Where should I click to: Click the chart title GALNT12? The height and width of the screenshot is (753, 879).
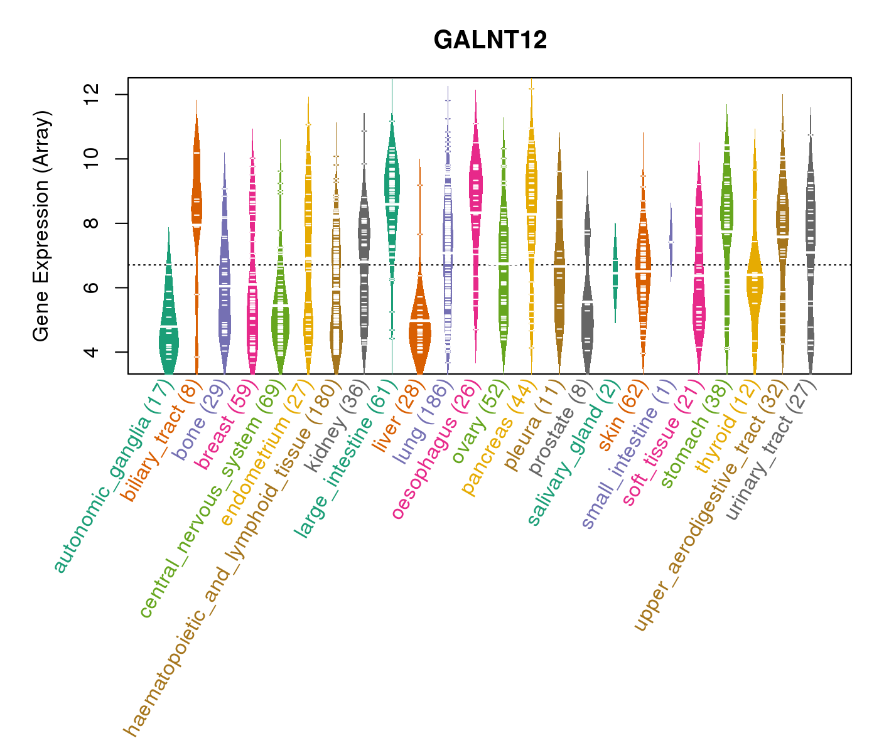pyautogui.click(x=490, y=40)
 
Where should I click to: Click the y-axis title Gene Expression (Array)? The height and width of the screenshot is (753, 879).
pyautogui.click(x=41, y=226)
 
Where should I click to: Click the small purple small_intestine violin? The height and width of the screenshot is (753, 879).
pyautogui.click(x=671, y=242)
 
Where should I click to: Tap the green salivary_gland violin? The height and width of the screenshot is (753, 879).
pyautogui.click(x=615, y=270)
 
